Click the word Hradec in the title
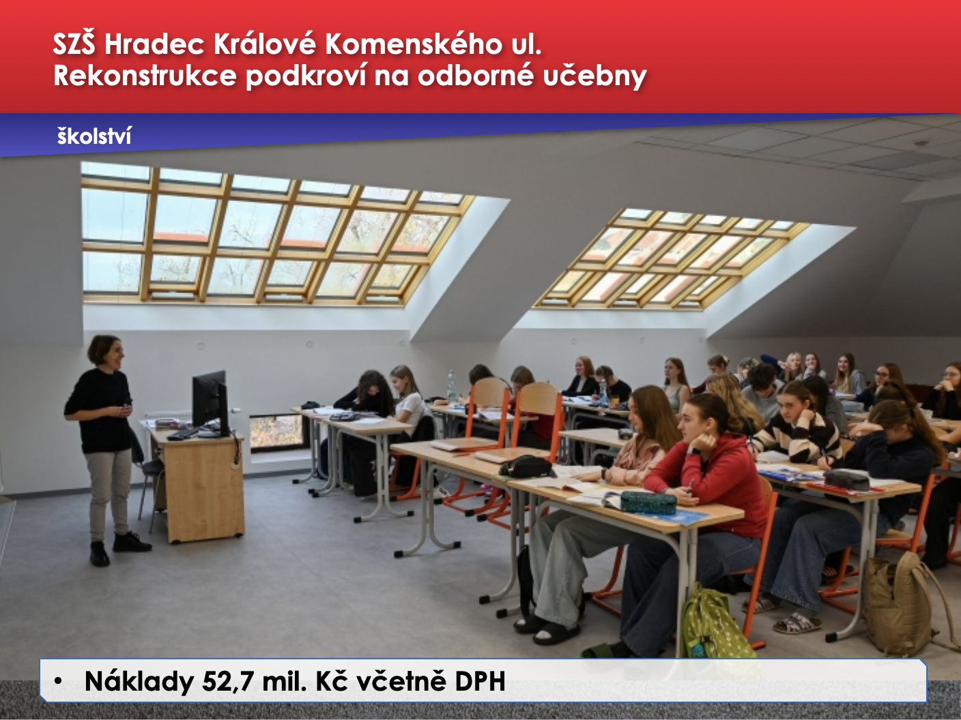154,44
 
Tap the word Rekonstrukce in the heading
145,75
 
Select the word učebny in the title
595,76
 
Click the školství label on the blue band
94,136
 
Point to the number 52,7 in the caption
227,681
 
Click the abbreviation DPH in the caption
480,680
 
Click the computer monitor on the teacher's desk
210,402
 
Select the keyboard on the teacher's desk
184,433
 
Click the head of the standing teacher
106,350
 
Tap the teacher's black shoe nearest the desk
131,542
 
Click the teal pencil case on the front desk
648,502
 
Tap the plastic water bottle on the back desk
451,385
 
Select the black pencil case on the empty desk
525,466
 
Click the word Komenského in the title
414,44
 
